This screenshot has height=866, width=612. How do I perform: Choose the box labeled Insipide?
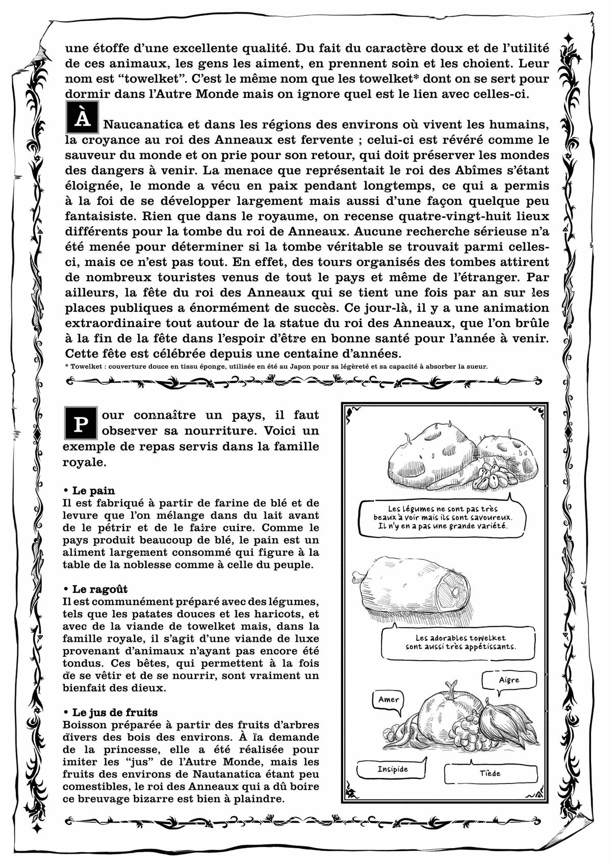click(393, 769)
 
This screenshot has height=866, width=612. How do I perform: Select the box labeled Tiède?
click(490, 773)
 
